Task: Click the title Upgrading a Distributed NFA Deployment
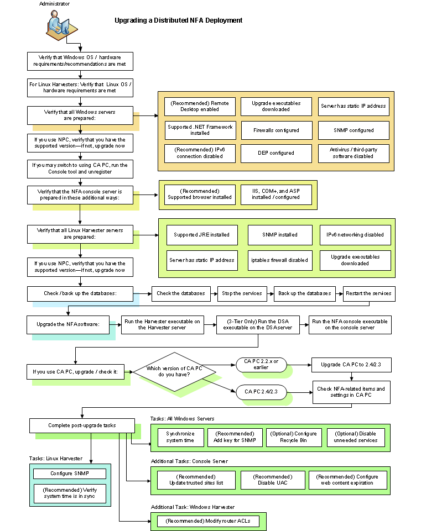pyautogui.click(x=178, y=20)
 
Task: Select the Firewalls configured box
pyautogui.click(x=276, y=130)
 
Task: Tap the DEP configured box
pyautogui.click(x=276, y=153)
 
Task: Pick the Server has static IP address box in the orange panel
pyautogui.click(x=354, y=106)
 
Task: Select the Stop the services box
pyautogui.click(x=243, y=293)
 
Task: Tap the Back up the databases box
pyautogui.click(x=305, y=293)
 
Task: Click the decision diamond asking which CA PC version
pyautogui.click(x=174, y=372)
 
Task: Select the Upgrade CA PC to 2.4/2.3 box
pyautogui.click(x=351, y=365)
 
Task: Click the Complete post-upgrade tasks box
pyautogui.click(x=81, y=425)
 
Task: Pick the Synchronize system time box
pyautogui.click(x=180, y=437)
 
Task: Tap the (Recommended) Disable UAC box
pyautogui.click(x=273, y=480)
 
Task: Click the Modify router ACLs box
pyautogui.click(x=208, y=521)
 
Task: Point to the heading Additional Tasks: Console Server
pyautogui.click(x=189, y=461)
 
